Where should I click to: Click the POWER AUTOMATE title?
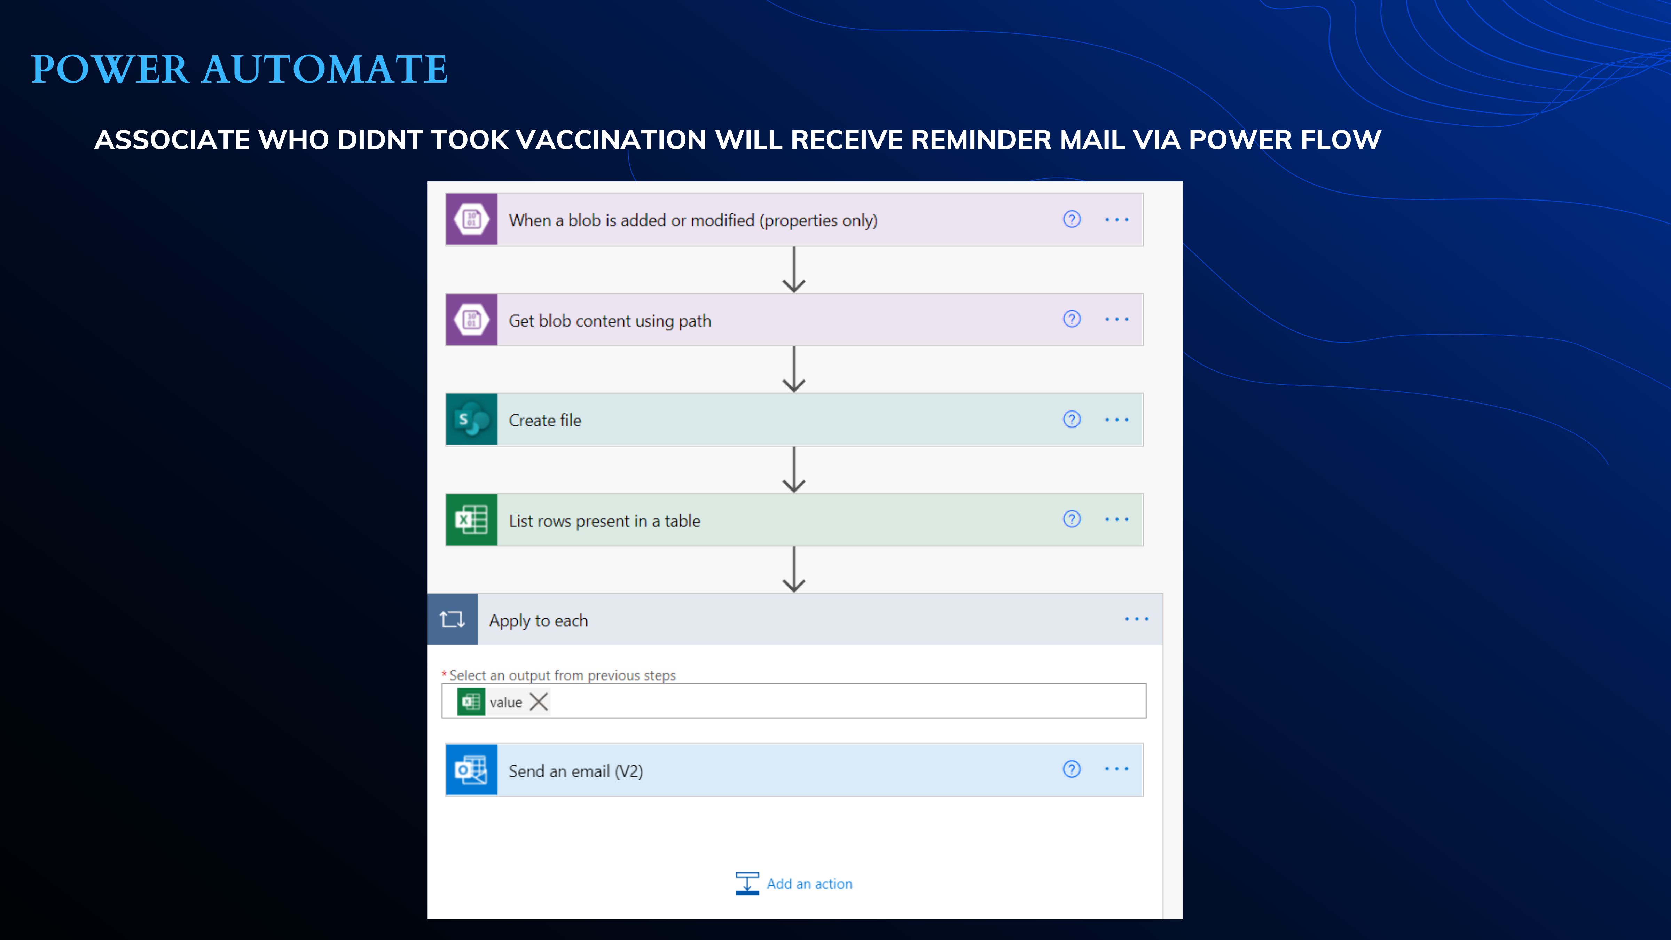point(240,69)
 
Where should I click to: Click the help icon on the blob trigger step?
point(1072,219)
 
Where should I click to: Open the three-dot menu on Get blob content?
point(1116,319)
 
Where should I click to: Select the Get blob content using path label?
point(610,321)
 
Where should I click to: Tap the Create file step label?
point(545,420)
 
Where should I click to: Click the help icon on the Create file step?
point(1072,419)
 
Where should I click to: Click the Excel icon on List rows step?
point(472,520)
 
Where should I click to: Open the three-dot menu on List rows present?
point(1116,519)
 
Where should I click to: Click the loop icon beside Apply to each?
point(452,620)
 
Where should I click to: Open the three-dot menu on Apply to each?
point(1137,619)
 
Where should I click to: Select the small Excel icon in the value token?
point(471,702)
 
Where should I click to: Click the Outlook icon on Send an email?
point(472,770)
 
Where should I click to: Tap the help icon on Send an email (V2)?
point(1072,769)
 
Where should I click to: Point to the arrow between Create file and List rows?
point(794,470)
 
